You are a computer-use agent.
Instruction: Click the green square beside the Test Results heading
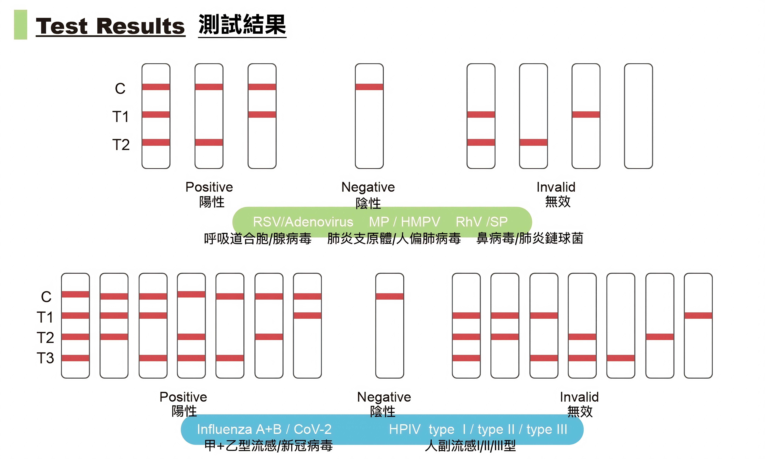click(20, 25)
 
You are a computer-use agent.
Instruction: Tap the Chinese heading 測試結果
click(242, 25)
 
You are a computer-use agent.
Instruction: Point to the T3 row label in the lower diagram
click(45, 358)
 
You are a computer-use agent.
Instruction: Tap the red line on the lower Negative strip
click(390, 296)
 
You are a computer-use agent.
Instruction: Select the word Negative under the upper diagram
click(368, 187)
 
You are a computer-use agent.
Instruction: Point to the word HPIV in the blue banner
click(404, 429)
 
